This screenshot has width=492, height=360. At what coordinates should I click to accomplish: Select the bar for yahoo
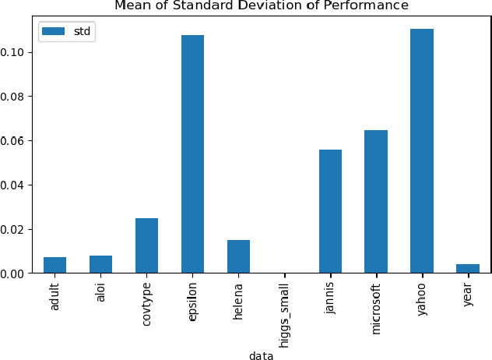(422, 151)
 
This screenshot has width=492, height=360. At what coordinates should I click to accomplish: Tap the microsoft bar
(376, 202)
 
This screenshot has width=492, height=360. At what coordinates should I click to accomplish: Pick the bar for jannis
(330, 211)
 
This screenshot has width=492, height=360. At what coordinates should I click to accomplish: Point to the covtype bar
(146, 245)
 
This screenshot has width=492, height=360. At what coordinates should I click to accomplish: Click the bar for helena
(238, 256)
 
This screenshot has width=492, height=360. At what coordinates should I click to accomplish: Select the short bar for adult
(54, 265)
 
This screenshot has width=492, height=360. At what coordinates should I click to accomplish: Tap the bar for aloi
(100, 264)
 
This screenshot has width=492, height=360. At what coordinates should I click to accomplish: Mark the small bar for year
(468, 269)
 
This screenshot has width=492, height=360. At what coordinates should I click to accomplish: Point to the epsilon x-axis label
(192, 300)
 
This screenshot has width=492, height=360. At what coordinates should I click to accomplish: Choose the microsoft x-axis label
(377, 304)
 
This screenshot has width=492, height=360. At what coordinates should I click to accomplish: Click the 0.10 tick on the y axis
(15, 52)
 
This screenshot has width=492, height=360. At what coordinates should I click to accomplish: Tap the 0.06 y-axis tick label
(15, 141)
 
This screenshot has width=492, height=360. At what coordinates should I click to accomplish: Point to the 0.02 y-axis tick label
(15, 229)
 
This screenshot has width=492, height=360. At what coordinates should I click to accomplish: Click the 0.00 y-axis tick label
(15, 274)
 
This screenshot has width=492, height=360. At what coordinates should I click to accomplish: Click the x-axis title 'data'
(261, 355)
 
